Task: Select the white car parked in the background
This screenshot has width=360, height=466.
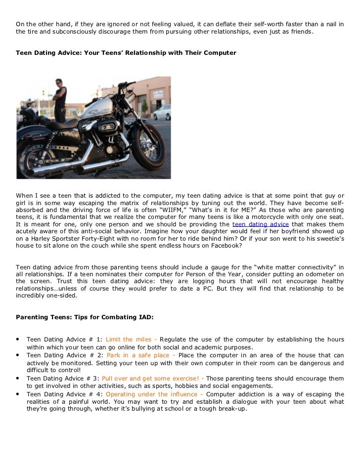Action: pyautogui.click(x=162, y=112)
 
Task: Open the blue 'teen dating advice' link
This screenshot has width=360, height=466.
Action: pyautogui.click(x=260, y=223)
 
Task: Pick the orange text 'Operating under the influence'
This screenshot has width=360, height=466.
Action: pyautogui.click(x=152, y=394)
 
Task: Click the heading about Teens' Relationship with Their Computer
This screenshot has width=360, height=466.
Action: pyautogui.click(x=126, y=52)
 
